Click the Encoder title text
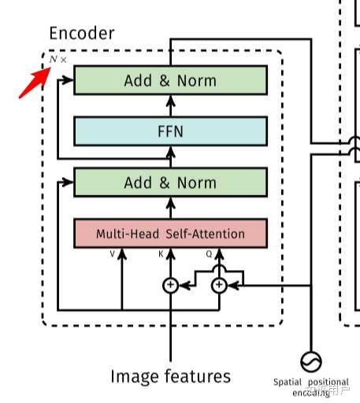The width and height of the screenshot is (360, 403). coord(81,33)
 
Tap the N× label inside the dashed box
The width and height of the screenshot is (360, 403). coord(58,60)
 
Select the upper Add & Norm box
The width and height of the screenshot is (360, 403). coord(170,80)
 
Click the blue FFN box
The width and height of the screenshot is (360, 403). coord(170,131)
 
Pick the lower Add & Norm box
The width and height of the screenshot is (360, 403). coord(170,182)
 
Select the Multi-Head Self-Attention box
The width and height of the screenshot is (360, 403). coord(170,234)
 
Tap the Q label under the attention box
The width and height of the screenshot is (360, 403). coord(209,253)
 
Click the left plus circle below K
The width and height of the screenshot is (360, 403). coord(171,286)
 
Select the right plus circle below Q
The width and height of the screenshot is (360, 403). coord(220,286)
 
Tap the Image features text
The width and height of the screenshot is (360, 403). coord(171,375)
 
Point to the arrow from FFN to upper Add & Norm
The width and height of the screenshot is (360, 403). coord(171,105)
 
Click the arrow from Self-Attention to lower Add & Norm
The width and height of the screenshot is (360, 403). coord(171,207)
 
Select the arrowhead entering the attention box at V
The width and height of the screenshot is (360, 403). coord(122,261)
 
